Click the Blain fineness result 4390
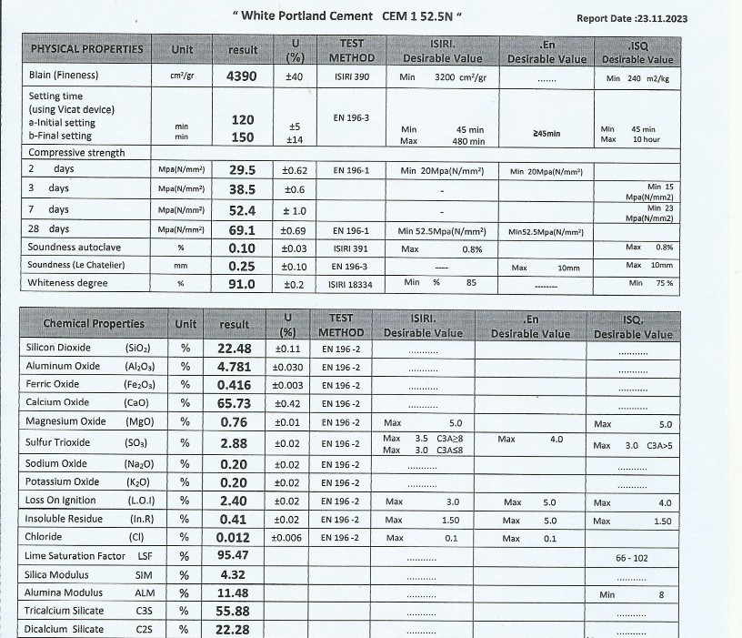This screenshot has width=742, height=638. tap(242, 76)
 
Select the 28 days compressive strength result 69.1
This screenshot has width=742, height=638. tap(242, 230)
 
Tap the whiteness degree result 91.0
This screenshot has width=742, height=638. tap(242, 283)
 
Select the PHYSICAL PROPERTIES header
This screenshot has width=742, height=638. tap(87, 49)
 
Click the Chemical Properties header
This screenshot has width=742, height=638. tap(94, 323)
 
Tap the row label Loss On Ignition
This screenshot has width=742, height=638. tap(61, 501)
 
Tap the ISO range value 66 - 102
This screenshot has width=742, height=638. tap(632, 557)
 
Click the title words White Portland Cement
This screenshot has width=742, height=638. tap(306, 16)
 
